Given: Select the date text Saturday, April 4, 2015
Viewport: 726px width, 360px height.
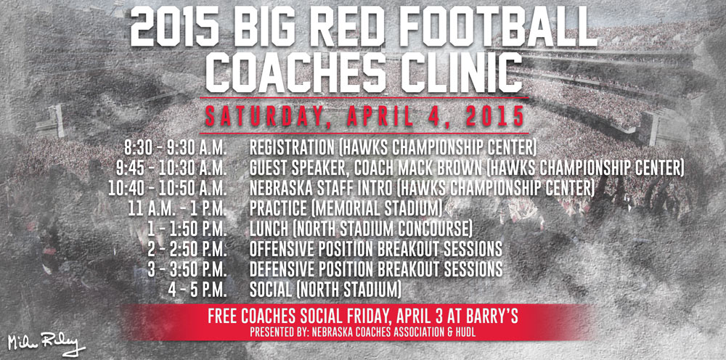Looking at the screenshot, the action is pos(364,116).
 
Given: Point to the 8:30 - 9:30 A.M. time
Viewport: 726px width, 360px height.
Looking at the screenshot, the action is pos(175,148).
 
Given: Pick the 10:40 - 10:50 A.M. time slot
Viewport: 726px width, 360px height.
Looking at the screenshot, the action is pos(168,188).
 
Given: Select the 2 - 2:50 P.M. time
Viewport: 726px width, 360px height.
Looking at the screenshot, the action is pos(187,249).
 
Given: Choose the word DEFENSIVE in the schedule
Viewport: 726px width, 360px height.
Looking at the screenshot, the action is pos(283,269).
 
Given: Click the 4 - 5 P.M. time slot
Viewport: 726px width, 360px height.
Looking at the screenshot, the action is pos(197,290).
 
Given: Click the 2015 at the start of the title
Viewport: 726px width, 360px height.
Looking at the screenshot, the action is pos(174,28).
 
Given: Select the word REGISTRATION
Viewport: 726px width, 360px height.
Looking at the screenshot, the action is pos(292,148).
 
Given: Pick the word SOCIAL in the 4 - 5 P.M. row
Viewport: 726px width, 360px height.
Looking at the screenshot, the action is pos(271,290).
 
